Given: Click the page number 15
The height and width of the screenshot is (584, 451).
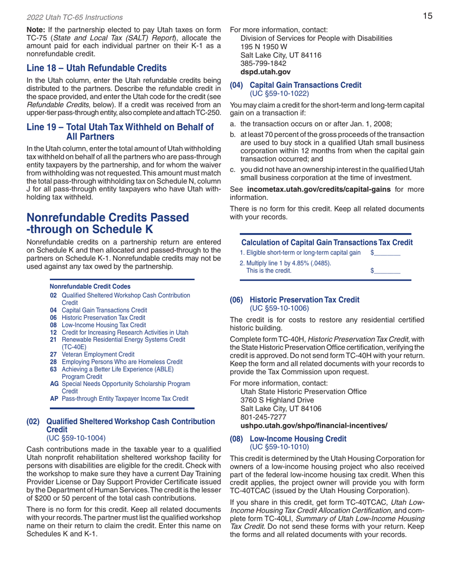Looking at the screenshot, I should point(427,17).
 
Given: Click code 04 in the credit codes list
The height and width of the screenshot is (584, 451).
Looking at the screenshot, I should point(53,310).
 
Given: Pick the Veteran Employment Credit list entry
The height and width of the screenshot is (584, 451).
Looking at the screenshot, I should point(98,354).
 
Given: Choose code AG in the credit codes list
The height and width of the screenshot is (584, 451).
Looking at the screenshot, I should point(54,383).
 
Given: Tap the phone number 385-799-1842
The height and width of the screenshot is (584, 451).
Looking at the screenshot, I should point(263,63).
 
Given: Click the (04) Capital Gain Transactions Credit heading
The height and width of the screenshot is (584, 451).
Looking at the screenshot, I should point(295,85).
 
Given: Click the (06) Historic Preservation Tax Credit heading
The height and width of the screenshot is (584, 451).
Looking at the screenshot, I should point(295,300).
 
